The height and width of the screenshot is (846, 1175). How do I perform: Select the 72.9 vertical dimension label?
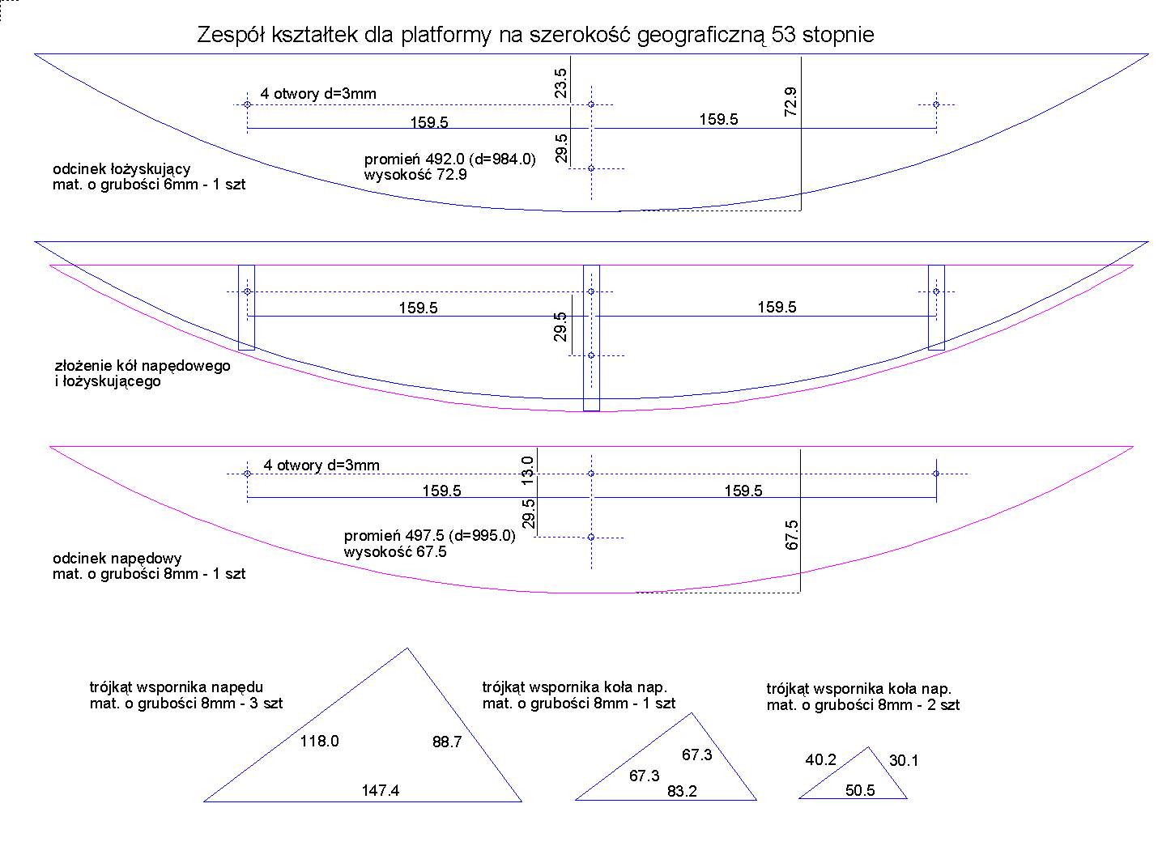tap(791, 102)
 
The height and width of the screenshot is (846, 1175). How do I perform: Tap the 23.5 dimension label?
tap(561, 83)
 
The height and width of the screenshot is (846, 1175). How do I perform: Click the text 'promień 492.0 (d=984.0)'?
tap(450, 159)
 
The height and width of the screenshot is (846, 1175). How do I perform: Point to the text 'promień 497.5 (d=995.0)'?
tap(430, 536)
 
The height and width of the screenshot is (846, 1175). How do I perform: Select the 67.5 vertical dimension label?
tap(792, 535)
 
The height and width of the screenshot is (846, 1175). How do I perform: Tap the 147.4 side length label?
tap(381, 791)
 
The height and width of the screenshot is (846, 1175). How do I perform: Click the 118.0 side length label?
tap(320, 741)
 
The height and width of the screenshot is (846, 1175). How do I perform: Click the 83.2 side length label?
tap(682, 792)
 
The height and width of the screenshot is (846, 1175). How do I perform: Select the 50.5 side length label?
tap(860, 791)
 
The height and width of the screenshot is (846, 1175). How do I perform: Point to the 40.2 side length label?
tap(820, 760)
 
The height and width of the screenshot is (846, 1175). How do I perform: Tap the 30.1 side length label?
tap(904, 760)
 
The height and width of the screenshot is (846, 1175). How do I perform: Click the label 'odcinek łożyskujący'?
tap(121, 169)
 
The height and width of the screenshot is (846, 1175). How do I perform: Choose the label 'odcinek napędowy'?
tap(117, 559)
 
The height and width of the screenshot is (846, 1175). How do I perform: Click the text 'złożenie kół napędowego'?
tap(142, 366)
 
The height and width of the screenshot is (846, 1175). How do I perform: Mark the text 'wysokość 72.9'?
tap(415, 174)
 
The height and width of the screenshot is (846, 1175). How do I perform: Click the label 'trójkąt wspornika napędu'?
tap(177, 688)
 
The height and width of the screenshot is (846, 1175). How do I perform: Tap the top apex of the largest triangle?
tap(407, 648)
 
